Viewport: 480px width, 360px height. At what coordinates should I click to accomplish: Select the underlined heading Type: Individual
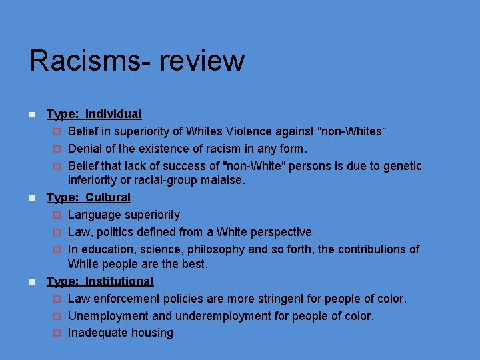pos(93,115)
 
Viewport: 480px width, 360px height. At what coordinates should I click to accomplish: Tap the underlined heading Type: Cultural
pos(89,197)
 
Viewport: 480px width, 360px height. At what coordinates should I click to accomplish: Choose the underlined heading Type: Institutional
pos(100,281)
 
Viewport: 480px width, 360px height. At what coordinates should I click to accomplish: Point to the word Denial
pos(85,149)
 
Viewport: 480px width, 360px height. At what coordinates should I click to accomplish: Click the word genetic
pos(401,165)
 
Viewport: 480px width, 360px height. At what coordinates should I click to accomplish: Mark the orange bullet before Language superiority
pos(57,215)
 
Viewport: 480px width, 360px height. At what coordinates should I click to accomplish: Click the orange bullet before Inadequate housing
pos(57,333)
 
